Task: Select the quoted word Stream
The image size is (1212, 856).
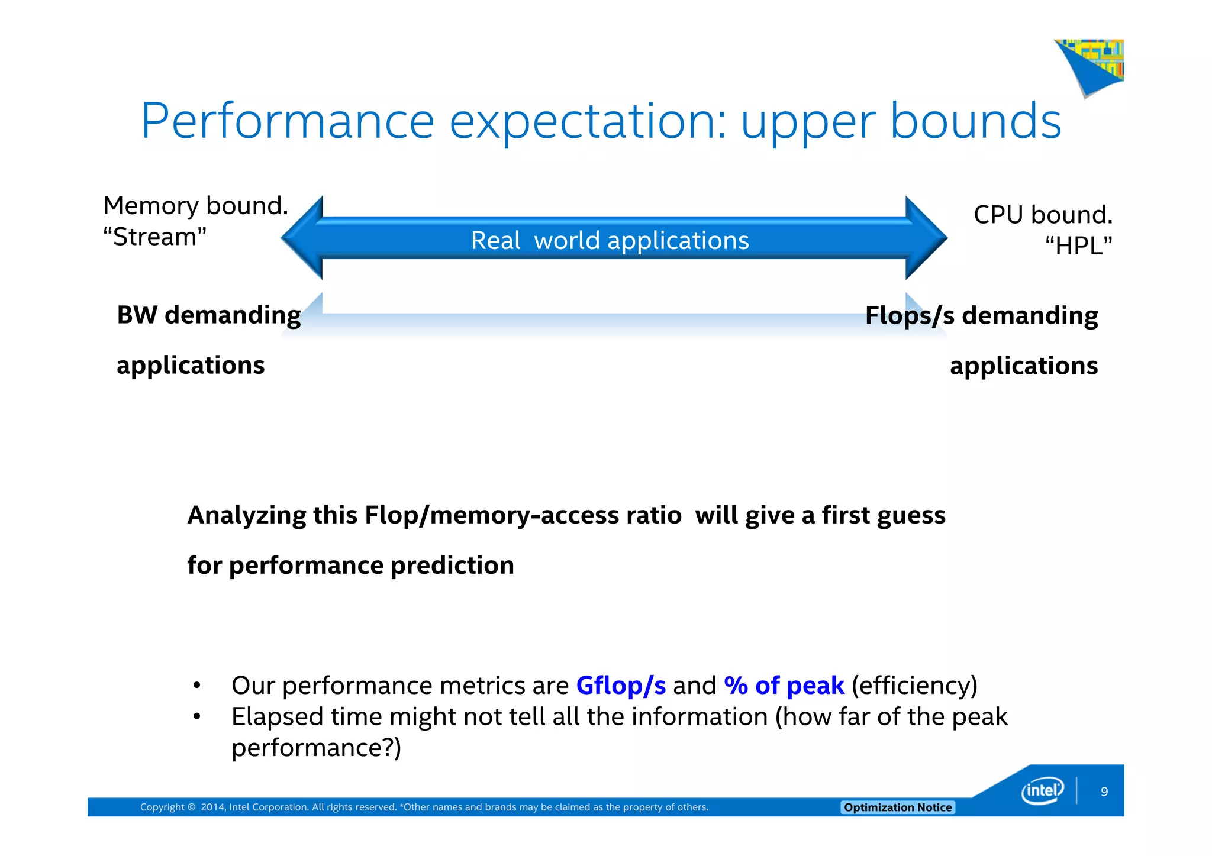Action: click(x=154, y=237)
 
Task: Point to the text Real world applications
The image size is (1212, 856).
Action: click(x=610, y=241)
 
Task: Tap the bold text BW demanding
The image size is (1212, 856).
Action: click(x=209, y=315)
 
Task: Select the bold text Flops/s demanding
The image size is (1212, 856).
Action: click(x=981, y=315)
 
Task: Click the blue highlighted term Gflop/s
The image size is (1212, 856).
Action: click(x=621, y=686)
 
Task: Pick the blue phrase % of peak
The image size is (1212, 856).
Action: click(x=784, y=686)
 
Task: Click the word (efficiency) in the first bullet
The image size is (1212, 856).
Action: click(x=914, y=686)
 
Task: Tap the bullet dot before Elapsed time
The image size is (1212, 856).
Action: click(x=197, y=717)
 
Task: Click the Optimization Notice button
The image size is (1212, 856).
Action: click(x=897, y=807)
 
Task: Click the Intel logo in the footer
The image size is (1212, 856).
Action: click(x=1042, y=791)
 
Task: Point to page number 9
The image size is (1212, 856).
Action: click(x=1104, y=792)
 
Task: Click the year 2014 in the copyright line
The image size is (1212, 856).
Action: click(x=212, y=807)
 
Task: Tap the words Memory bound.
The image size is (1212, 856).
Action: click(x=195, y=206)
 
